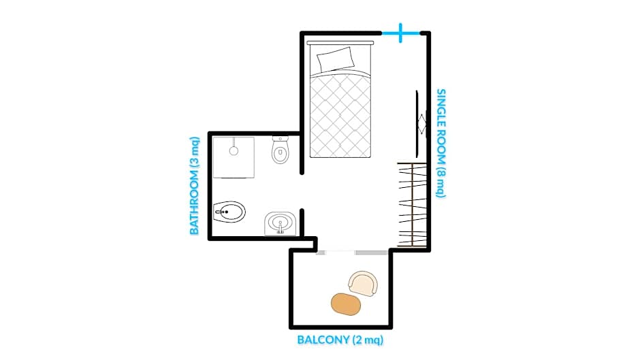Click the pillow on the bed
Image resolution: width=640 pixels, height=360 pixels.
coord(336,59)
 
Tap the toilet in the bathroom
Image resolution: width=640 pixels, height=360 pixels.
coord(281,150)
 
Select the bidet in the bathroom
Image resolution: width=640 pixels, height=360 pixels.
coord(229,213)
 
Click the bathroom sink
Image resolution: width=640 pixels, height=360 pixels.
coord(280,223)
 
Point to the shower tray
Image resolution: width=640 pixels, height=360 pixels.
coord(233,157)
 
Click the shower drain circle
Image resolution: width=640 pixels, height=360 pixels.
coord(234,151)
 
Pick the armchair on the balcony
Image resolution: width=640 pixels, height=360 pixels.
coord(362,283)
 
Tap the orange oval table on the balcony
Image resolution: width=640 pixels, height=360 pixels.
coord(346,304)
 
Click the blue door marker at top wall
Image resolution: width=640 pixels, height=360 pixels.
coord(400,33)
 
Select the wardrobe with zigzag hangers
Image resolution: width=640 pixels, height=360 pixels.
coord(413,203)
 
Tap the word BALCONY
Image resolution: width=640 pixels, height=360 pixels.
coord(323,340)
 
